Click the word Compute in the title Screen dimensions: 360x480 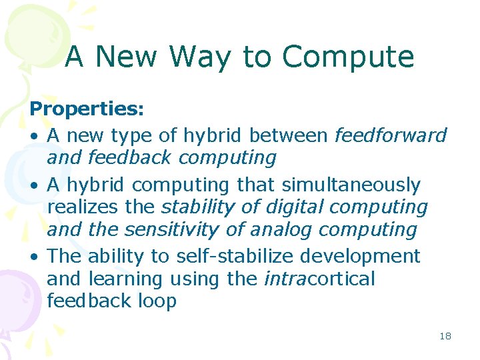[348, 57]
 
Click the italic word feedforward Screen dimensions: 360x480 [390, 135]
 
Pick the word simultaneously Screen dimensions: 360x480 [351, 185]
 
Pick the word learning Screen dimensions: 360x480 [125, 279]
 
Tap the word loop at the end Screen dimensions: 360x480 [157, 301]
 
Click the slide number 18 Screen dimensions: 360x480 [445, 337]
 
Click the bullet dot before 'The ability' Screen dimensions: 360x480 [34, 257]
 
